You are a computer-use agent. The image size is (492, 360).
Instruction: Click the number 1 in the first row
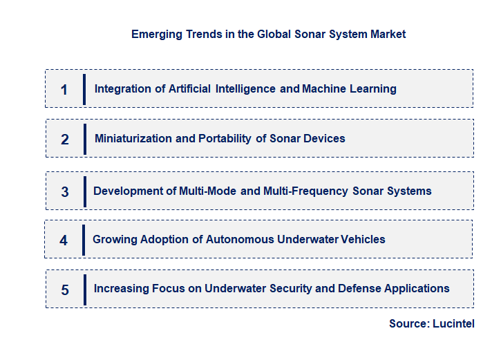pyautogui.click(x=64, y=89)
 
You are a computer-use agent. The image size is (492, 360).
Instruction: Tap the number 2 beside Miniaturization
pyautogui.click(x=65, y=139)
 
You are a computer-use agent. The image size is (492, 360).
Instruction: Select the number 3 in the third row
pyautogui.click(x=65, y=192)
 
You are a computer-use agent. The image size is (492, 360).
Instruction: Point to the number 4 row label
pyautogui.click(x=64, y=240)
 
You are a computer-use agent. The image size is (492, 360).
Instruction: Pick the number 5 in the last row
pyautogui.click(x=65, y=290)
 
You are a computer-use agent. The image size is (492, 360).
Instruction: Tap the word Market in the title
pyautogui.click(x=387, y=34)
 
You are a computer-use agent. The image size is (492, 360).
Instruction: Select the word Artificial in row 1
pyautogui.click(x=189, y=88)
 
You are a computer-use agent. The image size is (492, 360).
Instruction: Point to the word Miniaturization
pyautogui.click(x=133, y=138)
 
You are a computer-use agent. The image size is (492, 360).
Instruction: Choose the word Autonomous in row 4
pyautogui.click(x=237, y=239)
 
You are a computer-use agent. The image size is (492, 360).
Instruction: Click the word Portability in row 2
pyautogui.click(x=225, y=138)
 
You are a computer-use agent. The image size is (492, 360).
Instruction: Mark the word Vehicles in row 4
pyautogui.click(x=361, y=239)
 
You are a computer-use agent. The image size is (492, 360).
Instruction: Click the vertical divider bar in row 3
pyautogui.click(x=84, y=191)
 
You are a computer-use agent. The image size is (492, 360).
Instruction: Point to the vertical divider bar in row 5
pyautogui.click(x=84, y=289)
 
